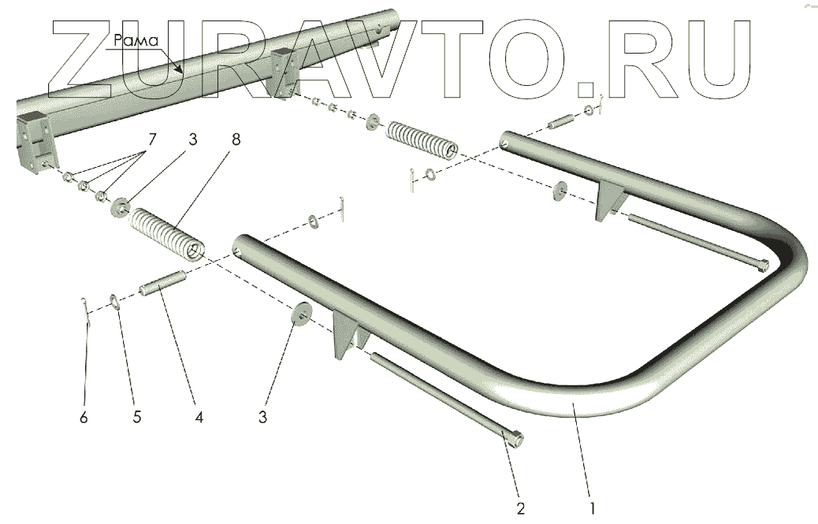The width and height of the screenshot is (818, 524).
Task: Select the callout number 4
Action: pyautogui.click(x=199, y=418)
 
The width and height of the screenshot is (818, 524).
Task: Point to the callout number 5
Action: pyautogui.click(x=137, y=418)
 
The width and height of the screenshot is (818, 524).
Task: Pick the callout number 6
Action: pyautogui.click(x=84, y=418)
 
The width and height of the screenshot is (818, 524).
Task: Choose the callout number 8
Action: pyautogui.click(x=236, y=139)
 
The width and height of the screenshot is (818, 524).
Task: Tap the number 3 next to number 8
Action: pyautogui.click(x=192, y=139)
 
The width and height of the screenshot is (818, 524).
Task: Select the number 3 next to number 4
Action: pyautogui.click(x=263, y=418)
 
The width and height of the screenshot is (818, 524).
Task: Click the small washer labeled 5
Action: pyautogui.click(x=114, y=301)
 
